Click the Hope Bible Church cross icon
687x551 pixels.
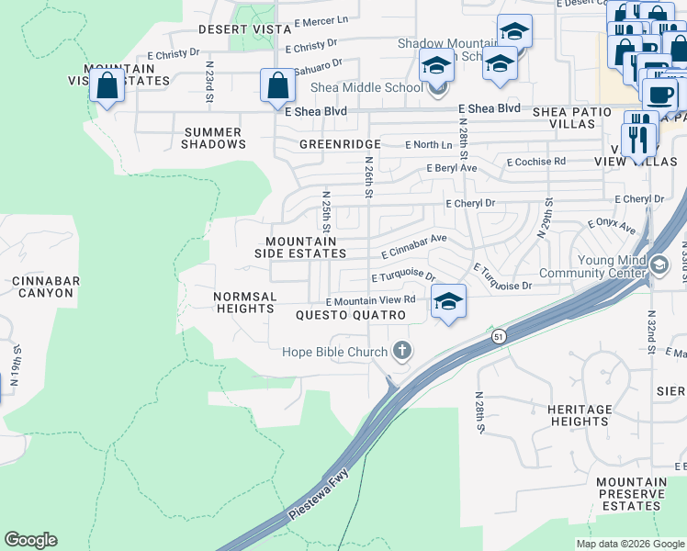(401, 350)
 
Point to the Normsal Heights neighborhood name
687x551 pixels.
(244, 303)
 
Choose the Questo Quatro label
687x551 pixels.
(351, 315)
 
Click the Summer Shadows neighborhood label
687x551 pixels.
(214, 138)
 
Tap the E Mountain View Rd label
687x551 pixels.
(370, 300)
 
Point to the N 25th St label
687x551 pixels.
(326, 211)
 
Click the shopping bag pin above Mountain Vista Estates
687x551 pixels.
(107, 86)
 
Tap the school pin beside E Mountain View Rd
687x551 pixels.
(447, 301)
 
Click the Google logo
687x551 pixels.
(30, 540)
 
